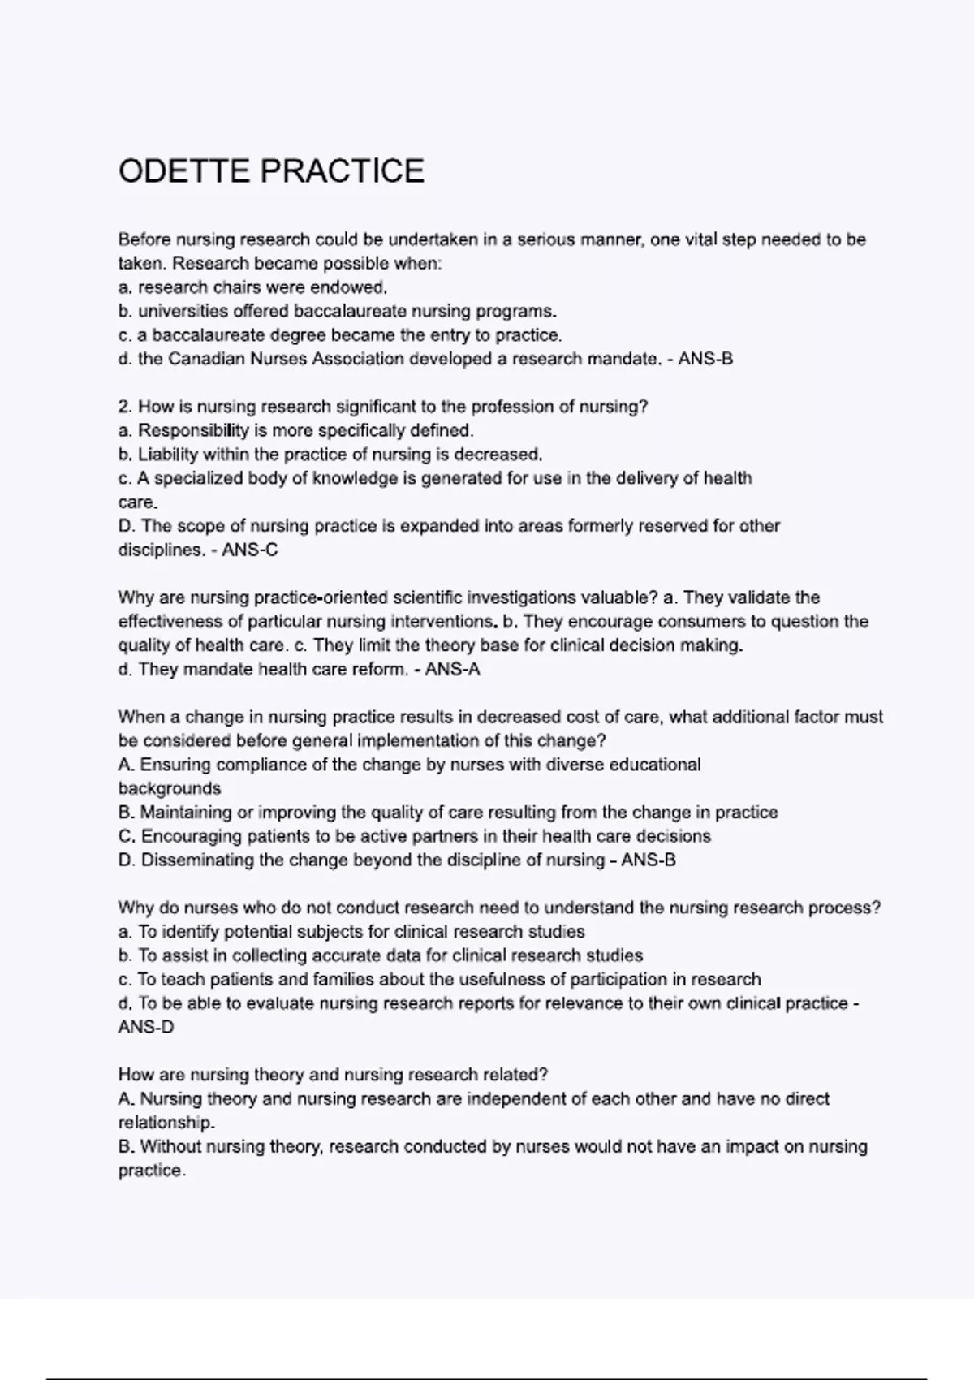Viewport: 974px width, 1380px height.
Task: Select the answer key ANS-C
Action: tap(250, 550)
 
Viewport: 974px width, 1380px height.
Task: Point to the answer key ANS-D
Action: tap(146, 1028)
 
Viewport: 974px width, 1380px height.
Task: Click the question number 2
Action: tap(124, 407)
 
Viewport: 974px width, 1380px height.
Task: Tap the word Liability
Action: tap(168, 455)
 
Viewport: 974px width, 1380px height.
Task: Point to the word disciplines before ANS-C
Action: tap(159, 550)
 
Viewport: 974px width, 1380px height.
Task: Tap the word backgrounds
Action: tap(170, 789)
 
